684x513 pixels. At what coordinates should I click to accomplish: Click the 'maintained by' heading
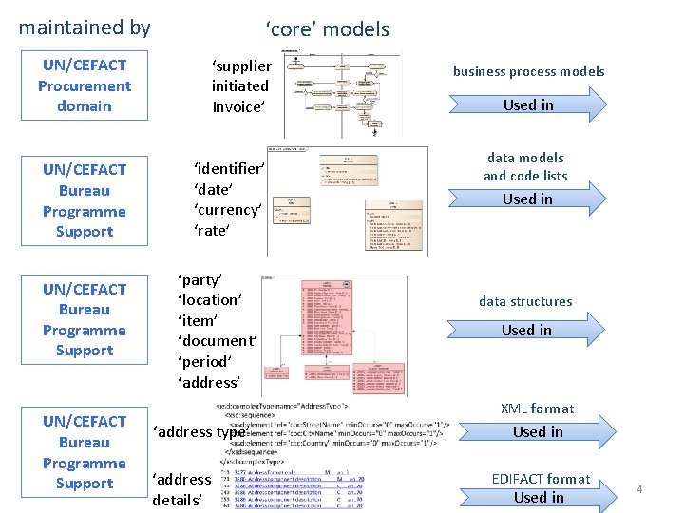click(x=85, y=28)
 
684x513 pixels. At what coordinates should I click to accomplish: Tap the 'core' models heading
click(x=328, y=28)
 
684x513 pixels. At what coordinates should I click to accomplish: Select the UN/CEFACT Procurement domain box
click(x=85, y=85)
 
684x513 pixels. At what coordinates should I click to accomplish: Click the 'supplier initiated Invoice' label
click(x=241, y=86)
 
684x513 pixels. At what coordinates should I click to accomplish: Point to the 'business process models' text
click(x=528, y=71)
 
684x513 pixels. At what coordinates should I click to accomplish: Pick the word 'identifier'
click(x=229, y=168)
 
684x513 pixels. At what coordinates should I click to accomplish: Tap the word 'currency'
click(x=228, y=210)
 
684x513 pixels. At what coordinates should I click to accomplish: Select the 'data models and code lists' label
click(x=525, y=166)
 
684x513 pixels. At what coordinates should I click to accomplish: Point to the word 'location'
click(x=210, y=299)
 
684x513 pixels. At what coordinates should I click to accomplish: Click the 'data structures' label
click(x=525, y=301)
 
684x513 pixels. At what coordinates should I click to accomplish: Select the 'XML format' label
click(x=538, y=408)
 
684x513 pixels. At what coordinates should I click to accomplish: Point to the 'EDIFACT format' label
click(x=541, y=479)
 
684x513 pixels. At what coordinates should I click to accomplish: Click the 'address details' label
click(x=180, y=489)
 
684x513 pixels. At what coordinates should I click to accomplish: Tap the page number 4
click(x=639, y=489)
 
